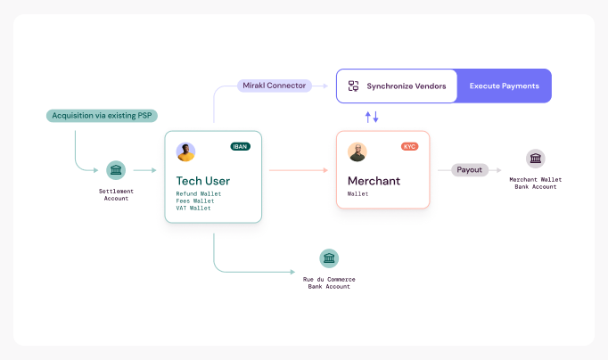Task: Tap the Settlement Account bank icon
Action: tap(116, 170)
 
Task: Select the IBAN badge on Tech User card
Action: tap(240, 146)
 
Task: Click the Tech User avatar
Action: tap(185, 152)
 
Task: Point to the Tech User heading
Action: tap(202, 181)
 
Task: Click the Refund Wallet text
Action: tap(198, 193)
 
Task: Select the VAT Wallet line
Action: tap(193, 208)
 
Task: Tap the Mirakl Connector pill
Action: tap(274, 86)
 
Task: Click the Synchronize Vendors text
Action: tap(406, 86)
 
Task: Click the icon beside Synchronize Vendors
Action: tap(354, 86)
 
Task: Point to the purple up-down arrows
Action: tap(372, 117)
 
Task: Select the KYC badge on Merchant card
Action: tap(409, 146)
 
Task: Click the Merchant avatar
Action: tap(357, 152)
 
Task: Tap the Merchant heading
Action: tap(374, 181)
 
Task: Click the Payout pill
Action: tap(470, 169)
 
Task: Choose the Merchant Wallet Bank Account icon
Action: tap(535, 159)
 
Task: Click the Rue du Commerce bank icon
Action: tap(329, 258)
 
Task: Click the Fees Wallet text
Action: tap(196, 200)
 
